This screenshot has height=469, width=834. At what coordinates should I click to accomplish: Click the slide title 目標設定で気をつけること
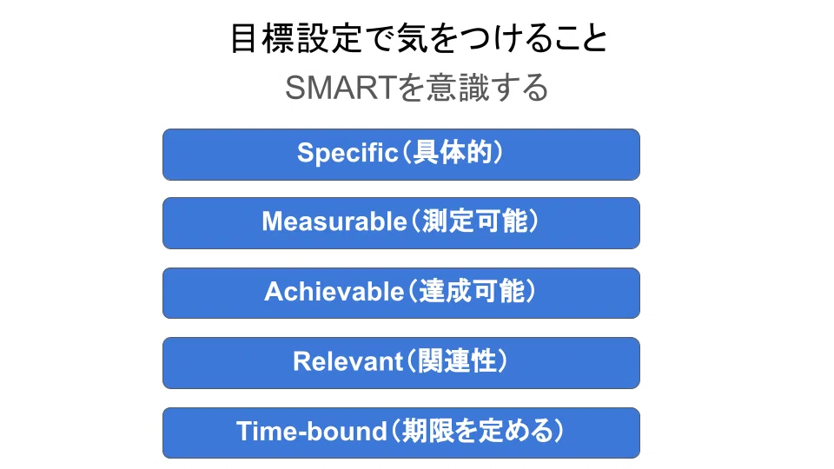tap(419, 38)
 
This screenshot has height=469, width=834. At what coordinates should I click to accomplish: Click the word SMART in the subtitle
tap(339, 88)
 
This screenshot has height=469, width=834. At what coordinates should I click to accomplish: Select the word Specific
tap(347, 153)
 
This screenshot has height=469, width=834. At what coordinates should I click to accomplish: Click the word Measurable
tap(334, 221)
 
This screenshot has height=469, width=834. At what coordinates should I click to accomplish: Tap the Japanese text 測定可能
tap(475, 221)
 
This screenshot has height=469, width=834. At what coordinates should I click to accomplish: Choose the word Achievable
tap(334, 292)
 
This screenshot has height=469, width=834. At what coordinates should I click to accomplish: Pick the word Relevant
tap(347, 361)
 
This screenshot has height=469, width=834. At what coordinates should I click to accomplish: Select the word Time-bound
tap(312, 431)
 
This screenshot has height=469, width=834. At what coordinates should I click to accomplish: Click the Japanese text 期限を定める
tap(478, 431)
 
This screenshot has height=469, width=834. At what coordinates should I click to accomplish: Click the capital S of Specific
tap(306, 153)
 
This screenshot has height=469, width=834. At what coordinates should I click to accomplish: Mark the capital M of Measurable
tap(272, 221)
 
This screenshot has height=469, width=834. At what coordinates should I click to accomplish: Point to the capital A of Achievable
tap(274, 292)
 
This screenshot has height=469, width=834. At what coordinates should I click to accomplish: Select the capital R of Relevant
tap(302, 361)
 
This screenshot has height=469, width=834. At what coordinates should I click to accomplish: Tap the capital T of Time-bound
tap(246, 431)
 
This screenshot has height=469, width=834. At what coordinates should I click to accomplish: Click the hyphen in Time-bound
tap(306, 434)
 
